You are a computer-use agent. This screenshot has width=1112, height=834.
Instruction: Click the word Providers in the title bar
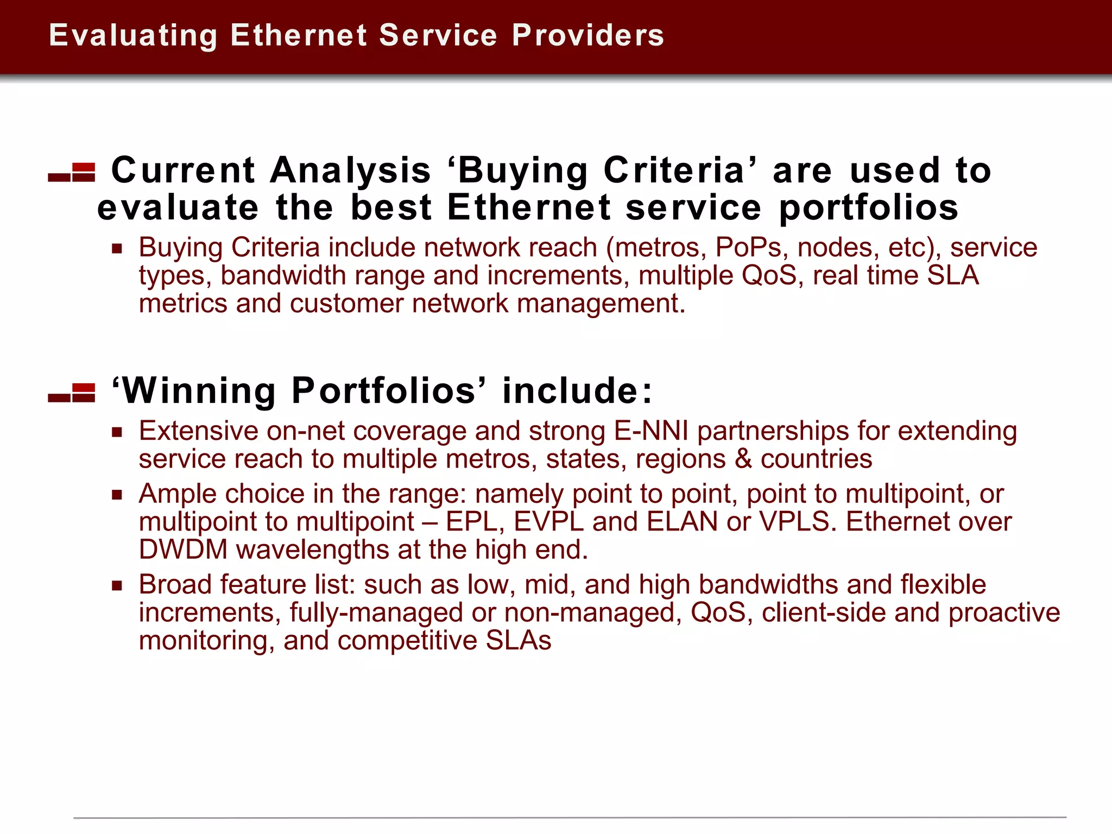(587, 36)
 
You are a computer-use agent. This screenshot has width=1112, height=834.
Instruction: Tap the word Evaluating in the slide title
(133, 36)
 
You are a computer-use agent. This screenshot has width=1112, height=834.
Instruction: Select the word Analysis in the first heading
(350, 170)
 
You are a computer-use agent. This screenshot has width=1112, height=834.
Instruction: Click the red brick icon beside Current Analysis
(72, 172)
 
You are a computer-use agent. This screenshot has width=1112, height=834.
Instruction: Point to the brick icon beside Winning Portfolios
(72, 393)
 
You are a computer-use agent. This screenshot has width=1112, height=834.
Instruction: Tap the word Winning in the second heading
(199, 391)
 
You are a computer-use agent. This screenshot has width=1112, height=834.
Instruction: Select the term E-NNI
(651, 431)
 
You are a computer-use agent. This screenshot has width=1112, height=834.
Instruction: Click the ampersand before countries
(743, 459)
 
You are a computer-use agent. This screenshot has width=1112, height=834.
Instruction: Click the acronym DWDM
(183, 549)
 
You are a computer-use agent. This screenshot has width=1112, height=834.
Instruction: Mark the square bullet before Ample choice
(117, 495)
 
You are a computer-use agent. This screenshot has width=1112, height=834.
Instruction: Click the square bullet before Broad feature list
(117, 586)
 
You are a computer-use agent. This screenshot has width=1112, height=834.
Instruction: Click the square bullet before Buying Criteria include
(117, 249)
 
